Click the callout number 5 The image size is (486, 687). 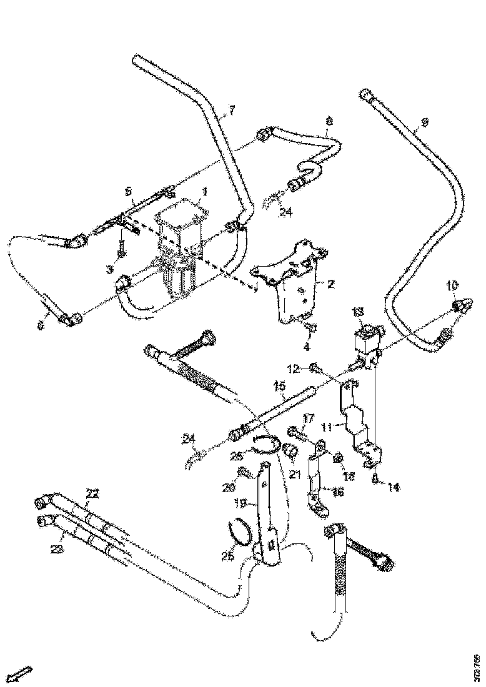click(x=129, y=190)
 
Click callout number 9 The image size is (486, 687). click(x=425, y=123)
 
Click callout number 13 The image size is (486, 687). click(x=357, y=312)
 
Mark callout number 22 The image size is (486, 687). click(x=92, y=493)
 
